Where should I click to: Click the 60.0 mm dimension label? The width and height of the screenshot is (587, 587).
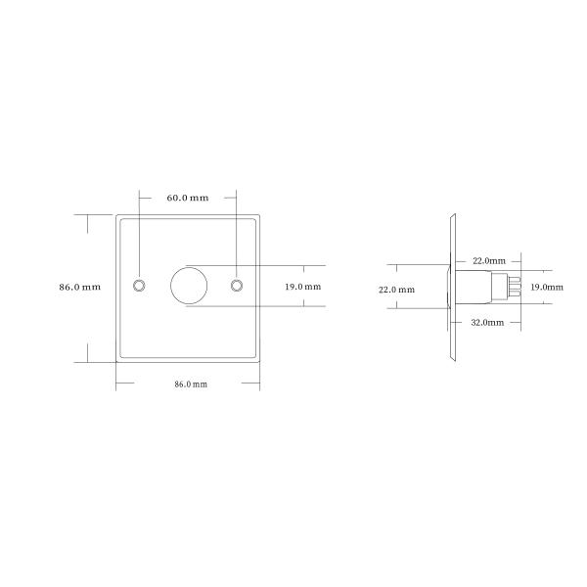[188, 198]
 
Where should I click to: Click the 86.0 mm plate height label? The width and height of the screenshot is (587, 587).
[80, 287]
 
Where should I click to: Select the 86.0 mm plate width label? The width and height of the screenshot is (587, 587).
[191, 384]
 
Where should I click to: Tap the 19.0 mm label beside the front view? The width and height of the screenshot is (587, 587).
[302, 287]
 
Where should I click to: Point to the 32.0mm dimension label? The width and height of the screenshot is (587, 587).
[487, 322]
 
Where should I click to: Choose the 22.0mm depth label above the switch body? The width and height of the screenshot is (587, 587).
[488, 261]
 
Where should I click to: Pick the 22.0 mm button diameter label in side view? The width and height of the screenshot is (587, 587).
[396, 290]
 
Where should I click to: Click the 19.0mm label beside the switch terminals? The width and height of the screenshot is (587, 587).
[546, 288]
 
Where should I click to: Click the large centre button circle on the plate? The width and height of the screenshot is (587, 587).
[188, 285]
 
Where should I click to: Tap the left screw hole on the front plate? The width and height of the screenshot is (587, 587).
[139, 285]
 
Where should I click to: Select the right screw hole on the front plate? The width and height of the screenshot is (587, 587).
[237, 285]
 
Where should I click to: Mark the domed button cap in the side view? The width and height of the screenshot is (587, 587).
[446, 286]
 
